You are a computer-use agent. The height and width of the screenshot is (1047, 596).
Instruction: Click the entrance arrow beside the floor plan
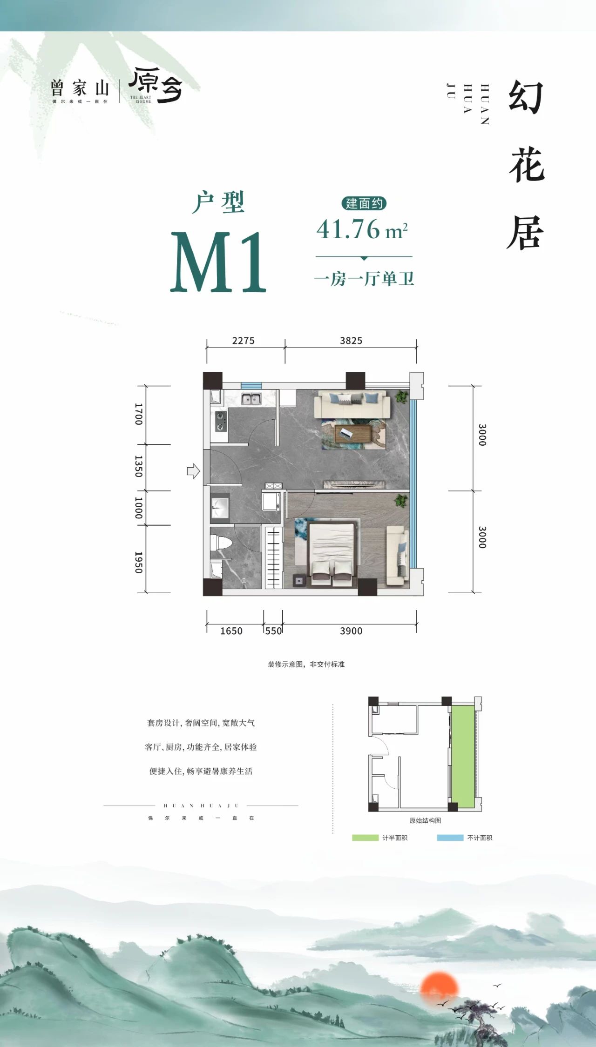pyautogui.click(x=193, y=471)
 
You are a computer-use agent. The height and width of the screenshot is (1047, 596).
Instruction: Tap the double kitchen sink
pyautogui.click(x=251, y=399)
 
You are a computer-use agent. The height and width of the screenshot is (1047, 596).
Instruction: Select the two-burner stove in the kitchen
pyautogui.click(x=220, y=421)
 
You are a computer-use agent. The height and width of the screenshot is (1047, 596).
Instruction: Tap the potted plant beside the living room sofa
pyautogui.click(x=401, y=397)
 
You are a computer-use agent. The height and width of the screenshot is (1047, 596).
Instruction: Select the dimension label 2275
pyautogui.click(x=244, y=341)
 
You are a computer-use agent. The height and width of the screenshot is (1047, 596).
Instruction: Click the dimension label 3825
pyautogui.click(x=351, y=341)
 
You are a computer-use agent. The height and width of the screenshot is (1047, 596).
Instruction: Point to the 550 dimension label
pyautogui.click(x=273, y=631)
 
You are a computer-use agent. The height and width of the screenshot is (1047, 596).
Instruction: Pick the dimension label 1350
pyautogui.click(x=138, y=466)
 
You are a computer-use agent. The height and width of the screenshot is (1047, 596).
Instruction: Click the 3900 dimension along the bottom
pyautogui.click(x=351, y=631)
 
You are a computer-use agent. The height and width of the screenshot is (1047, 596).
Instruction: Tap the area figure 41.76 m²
pyautogui.click(x=362, y=229)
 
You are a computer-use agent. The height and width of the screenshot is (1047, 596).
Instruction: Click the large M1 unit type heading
pyautogui.click(x=218, y=262)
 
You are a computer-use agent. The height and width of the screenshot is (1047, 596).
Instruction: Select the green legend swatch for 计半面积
pyautogui.click(x=365, y=838)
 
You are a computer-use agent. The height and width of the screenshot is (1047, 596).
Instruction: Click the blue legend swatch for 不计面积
pyautogui.click(x=450, y=838)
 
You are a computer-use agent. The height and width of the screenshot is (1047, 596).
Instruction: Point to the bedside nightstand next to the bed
pyautogui.click(x=299, y=580)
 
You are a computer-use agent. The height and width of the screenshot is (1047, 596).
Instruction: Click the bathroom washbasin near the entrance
pyautogui.click(x=220, y=506)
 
